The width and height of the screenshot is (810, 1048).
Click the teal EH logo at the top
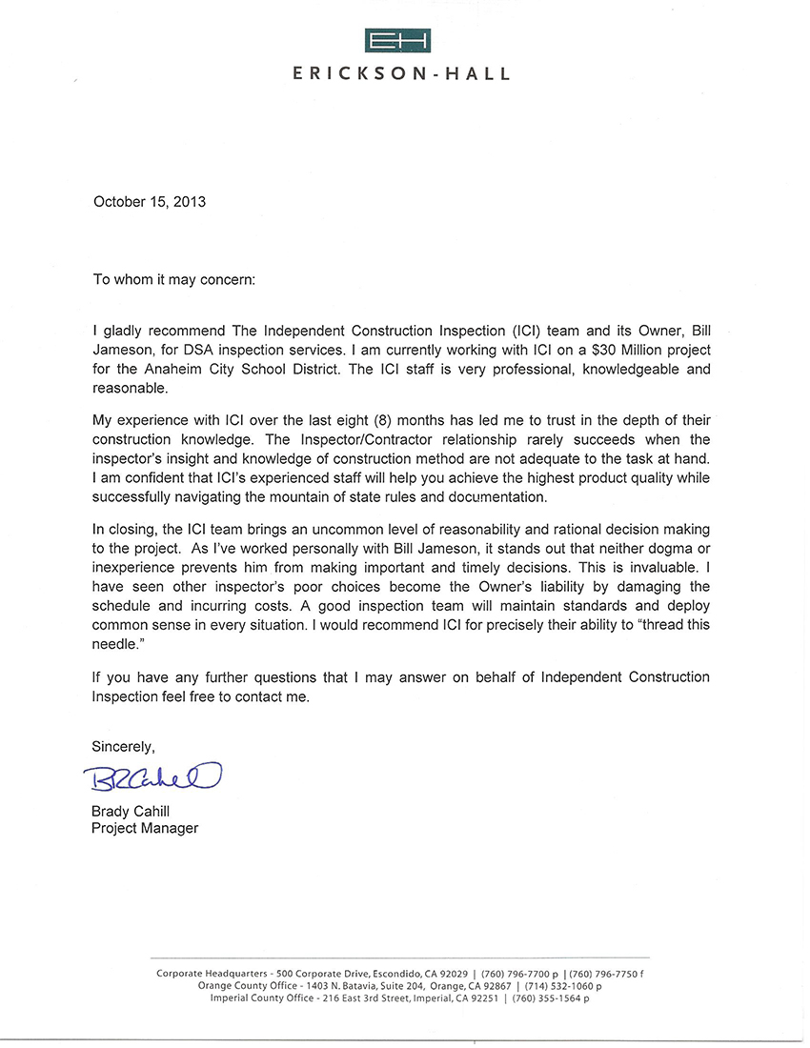click(397, 40)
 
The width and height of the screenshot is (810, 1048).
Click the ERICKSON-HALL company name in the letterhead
click(402, 73)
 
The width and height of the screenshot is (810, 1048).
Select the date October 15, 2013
click(149, 202)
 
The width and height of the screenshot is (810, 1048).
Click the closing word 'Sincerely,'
click(123, 745)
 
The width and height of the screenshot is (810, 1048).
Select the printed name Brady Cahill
click(131, 811)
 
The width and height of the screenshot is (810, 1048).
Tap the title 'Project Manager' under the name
click(145, 828)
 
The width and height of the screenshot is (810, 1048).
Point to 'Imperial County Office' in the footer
click(261, 998)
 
